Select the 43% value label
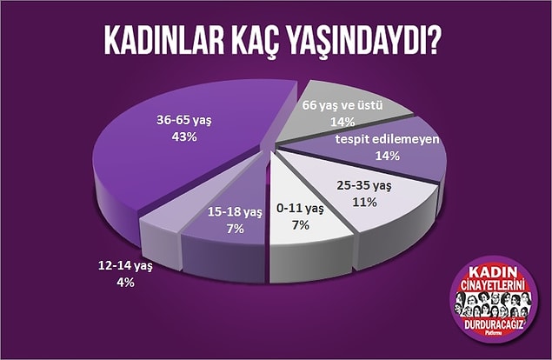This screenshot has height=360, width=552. click(184, 137)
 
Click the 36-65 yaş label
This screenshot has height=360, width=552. click(184, 121)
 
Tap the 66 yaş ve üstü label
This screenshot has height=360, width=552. click(343, 105)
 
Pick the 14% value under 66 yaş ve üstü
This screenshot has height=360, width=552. click(343, 122)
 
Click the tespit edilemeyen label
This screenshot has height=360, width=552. click(388, 139)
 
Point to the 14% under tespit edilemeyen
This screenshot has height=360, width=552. click(388, 156)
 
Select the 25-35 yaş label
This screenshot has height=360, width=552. click(364, 185)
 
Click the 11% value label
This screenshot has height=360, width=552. click(365, 203)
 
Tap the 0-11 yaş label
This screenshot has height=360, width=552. click(300, 209)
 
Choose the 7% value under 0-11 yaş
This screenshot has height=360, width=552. click(301, 225)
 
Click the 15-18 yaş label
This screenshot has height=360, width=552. click(235, 212)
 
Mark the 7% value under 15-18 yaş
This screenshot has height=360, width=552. click(236, 229)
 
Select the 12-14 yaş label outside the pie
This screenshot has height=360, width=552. click(125, 266)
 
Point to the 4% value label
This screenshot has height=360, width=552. click(125, 282)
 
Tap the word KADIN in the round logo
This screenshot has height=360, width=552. click(493, 273)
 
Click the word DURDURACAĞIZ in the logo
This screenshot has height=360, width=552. click(493, 324)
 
